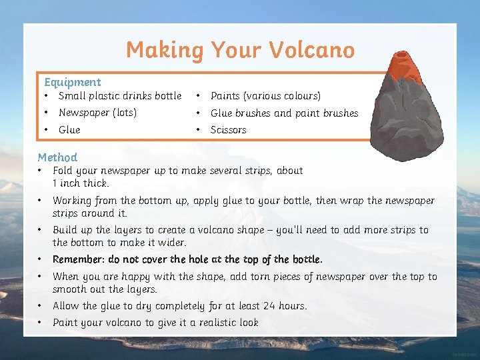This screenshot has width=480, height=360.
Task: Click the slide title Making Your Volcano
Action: [x=240, y=50]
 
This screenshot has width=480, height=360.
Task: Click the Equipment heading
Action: [x=72, y=82]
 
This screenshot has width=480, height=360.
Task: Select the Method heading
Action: [x=57, y=157]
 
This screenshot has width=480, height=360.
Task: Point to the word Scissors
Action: [x=228, y=130]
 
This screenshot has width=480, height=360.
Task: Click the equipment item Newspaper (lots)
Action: [x=97, y=113]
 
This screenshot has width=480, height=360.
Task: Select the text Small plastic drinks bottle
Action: [x=120, y=96]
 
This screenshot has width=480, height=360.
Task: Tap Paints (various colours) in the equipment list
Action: [x=265, y=96]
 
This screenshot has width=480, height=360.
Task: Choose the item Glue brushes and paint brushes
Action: [x=284, y=113]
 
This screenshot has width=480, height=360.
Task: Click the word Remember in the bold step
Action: [x=77, y=259]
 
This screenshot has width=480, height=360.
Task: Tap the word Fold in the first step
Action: [x=62, y=171]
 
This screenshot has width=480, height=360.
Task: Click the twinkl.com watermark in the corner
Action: [x=464, y=353]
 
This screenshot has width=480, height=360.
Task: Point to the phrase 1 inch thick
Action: [x=81, y=183]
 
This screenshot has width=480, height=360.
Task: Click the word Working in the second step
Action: [x=73, y=201]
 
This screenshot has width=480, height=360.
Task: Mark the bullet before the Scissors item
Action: [x=199, y=130]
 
